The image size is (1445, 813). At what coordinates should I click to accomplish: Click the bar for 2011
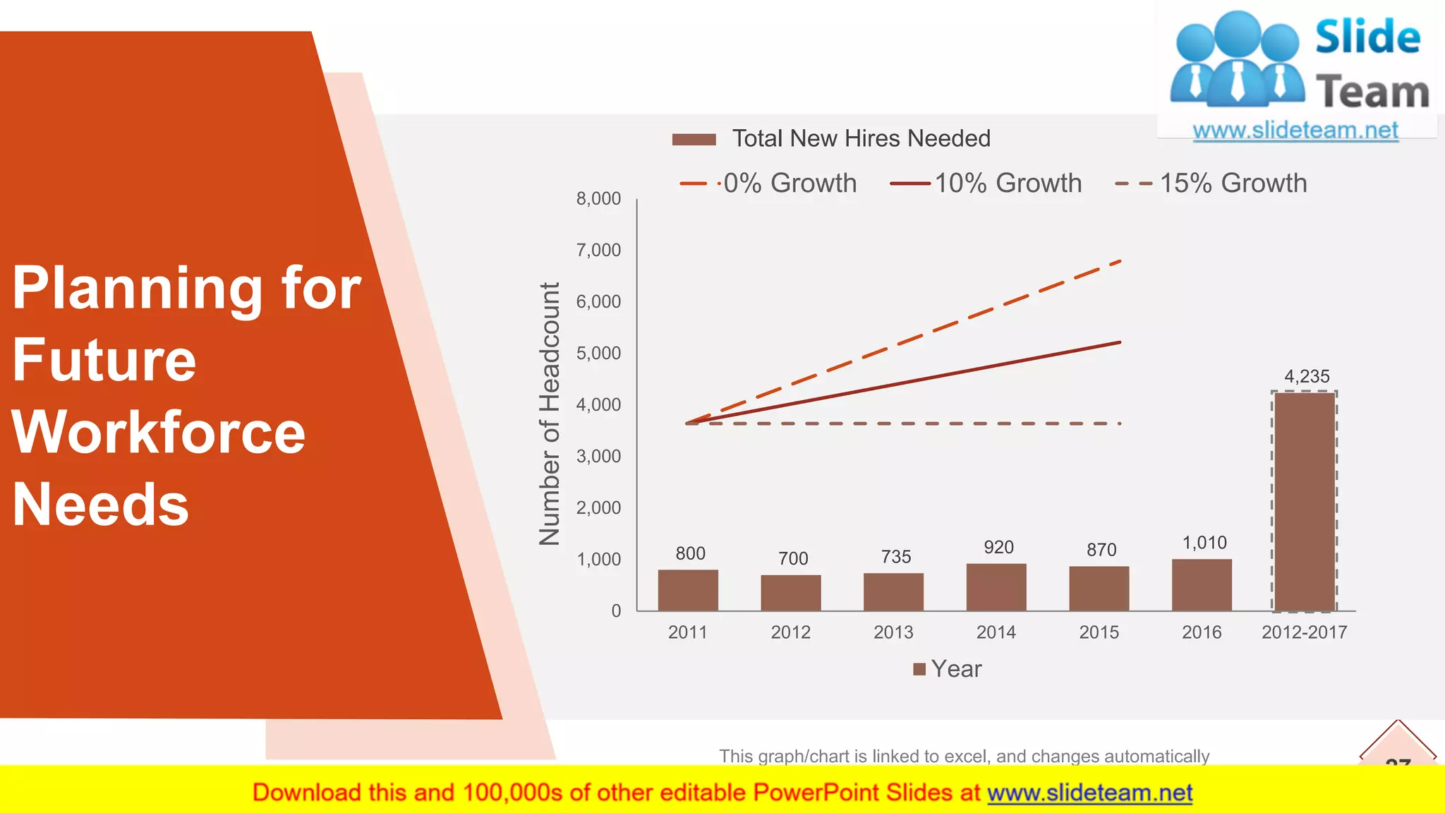(688, 590)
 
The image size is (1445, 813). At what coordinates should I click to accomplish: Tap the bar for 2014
(996, 587)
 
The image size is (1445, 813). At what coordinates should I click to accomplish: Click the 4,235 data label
(1307, 377)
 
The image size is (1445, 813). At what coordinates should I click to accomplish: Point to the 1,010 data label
(1204, 543)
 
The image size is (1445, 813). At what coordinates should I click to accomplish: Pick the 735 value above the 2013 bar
(896, 557)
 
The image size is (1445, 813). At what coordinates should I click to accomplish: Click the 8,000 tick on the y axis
(598, 199)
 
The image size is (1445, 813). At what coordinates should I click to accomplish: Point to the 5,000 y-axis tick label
(598, 354)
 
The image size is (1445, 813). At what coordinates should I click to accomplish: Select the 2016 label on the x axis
(1202, 632)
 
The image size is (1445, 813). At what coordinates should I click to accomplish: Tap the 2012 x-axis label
(790, 632)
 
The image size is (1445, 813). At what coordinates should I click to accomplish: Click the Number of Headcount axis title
(550, 414)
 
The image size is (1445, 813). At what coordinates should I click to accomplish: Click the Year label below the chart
(955, 669)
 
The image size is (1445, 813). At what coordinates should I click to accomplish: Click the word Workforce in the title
(159, 432)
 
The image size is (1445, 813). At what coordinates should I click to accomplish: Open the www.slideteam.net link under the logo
(1295, 131)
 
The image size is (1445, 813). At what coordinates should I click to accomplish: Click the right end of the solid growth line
(1120, 343)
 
